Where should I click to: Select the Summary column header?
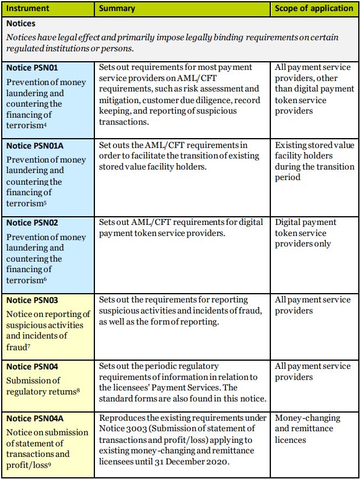[x=117, y=9]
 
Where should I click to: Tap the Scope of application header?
[x=314, y=9]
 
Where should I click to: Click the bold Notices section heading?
[x=21, y=24]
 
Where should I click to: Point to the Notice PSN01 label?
[x=32, y=68]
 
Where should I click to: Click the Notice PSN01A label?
[x=34, y=145]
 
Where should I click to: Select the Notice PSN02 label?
[x=32, y=223]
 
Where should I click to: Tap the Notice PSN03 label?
[x=32, y=300]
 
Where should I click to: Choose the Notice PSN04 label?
[x=32, y=367]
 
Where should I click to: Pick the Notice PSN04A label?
[x=34, y=418]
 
